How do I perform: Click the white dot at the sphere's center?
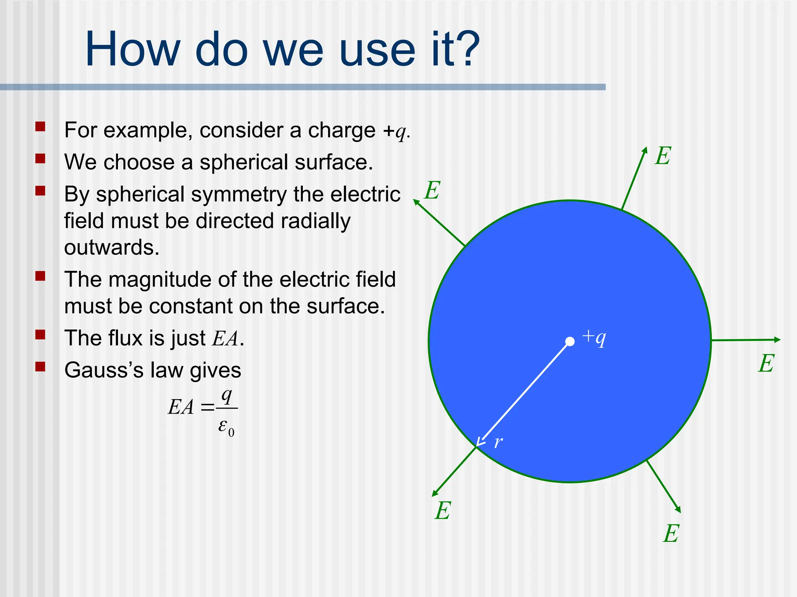point(570,341)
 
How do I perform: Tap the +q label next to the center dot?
point(594,337)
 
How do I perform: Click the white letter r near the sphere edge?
point(498,442)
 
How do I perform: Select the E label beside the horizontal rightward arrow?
point(766,364)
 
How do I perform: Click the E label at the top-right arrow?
point(663,156)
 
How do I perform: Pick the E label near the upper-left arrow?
point(432,190)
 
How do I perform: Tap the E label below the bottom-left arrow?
point(443,511)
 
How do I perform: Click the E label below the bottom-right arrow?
point(671,534)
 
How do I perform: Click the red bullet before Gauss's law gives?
point(40,367)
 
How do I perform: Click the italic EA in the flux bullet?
point(225,339)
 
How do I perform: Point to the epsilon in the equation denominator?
point(223,426)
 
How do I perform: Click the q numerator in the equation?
point(226,396)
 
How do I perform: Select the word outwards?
point(112,248)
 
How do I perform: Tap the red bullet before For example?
point(40,127)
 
